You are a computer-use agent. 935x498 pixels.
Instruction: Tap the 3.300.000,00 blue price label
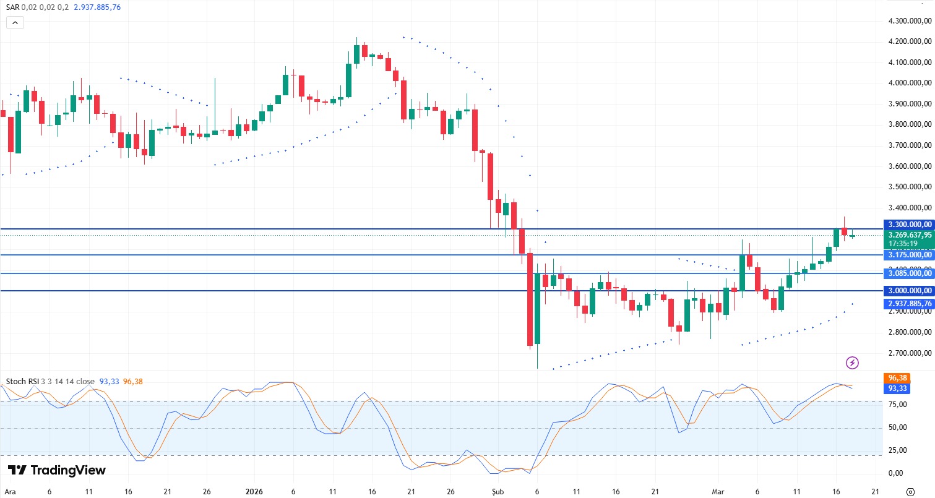[x=909, y=225]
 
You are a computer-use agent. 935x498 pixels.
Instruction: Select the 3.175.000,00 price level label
[x=909, y=254]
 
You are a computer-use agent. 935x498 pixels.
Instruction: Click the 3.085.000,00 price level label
[x=909, y=273]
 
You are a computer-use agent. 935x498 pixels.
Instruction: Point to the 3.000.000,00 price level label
[x=909, y=291]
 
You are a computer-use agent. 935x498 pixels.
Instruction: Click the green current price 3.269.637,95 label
[x=909, y=235]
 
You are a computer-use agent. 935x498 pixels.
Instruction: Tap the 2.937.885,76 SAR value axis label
[x=909, y=304]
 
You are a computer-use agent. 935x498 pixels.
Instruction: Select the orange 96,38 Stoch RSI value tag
[x=897, y=377]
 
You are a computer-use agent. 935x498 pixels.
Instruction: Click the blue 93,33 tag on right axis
[x=897, y=388]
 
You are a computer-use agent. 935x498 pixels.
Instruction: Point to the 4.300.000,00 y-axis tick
[x=909, y=21]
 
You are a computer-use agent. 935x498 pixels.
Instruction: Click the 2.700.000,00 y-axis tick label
[x=909, y=353]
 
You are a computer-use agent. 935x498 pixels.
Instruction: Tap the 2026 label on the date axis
[x=254, y=491]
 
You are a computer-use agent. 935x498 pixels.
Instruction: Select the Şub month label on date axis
[x=499, y=491]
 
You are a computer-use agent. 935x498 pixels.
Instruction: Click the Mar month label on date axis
[x=717, y=491]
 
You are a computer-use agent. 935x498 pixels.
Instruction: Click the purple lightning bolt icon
[x=852, y=363]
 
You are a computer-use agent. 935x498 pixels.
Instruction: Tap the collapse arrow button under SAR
[x=15, y=23]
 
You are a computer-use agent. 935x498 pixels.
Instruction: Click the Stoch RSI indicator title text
[x=22, y=382]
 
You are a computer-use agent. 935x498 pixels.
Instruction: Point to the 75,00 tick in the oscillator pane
[x=898, y=405]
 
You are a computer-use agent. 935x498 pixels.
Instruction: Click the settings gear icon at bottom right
[x=910, y=491]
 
